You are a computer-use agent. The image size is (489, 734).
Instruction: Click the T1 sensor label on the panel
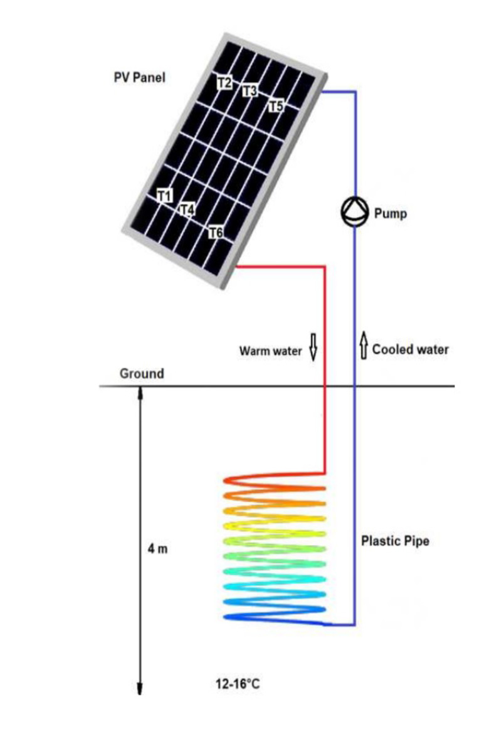pos(165,196)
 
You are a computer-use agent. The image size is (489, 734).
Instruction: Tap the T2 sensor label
pos(224,82)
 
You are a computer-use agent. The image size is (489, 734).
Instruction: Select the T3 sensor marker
pos(250,92)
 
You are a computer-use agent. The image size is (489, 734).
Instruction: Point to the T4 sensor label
pos(187,210)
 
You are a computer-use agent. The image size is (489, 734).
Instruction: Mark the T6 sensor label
pos(215,233)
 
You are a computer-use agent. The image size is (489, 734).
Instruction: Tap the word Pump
pos(390,214)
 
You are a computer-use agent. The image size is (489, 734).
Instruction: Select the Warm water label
pos(270,350)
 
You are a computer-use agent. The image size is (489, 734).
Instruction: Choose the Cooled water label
pos(411,349)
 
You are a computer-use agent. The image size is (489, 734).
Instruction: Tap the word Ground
pos(142,374)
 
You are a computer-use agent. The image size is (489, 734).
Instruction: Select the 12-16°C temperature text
pos(237,683)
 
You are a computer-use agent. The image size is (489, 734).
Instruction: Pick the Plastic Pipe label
pos(395,540)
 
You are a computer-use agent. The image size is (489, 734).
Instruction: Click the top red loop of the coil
pos(275,482)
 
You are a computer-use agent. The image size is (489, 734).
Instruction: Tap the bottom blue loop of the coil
pos(275,618)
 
